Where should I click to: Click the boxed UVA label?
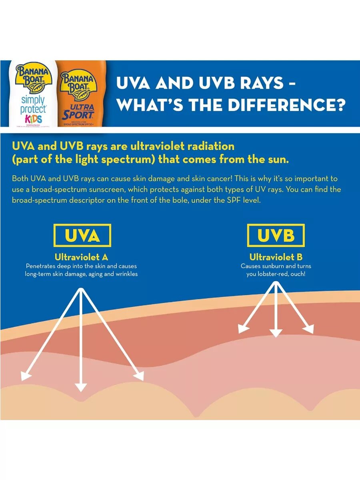pos(82,236)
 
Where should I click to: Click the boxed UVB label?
pos(276,236)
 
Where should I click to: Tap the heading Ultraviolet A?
pos(81,257)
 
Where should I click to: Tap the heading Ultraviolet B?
pos(276,257)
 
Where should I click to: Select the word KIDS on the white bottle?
pos(33,119)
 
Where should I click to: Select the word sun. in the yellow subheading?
pos(276,159)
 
